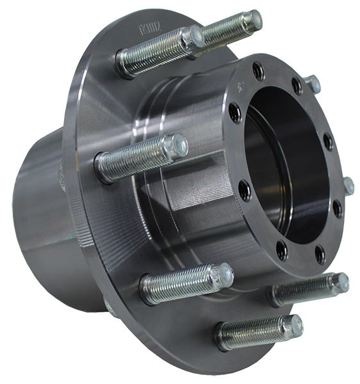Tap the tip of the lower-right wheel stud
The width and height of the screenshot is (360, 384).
[x=342, y=280]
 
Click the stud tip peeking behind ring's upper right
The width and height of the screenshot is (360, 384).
[x=313, y=84]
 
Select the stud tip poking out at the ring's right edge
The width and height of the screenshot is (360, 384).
[x=349, y=186]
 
